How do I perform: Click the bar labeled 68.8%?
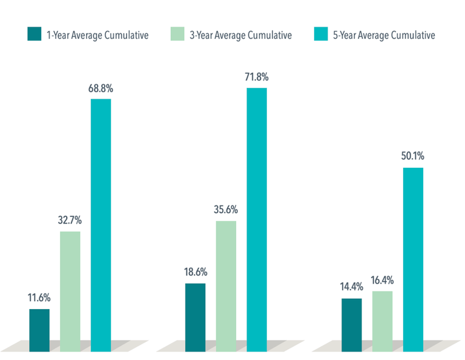(x=101, y=225)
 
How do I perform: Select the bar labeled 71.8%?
(x=257, y=219)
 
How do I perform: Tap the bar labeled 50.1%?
(x=413, y=259)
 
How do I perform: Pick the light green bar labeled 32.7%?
(x=70, y=291)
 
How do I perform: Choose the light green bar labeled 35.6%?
(x=226, y=286)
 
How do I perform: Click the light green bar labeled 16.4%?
(x=382, y=321)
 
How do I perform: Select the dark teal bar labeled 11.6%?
(x=39, y=330)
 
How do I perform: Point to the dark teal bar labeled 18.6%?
(x=195, y=317)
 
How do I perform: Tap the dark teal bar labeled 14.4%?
(x=351, y=325)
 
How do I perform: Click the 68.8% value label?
(x=101, y=88)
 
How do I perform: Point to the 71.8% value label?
(x=257, y=78)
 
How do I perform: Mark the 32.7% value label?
(x=70, y=221)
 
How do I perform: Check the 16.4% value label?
(x=382, y=281)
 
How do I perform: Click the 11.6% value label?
(x=39, y=298)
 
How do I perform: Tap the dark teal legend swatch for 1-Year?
(x=34, y=35)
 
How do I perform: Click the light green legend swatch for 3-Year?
(x=177, y=35)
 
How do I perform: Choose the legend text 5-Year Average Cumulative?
(x=384, y=35)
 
